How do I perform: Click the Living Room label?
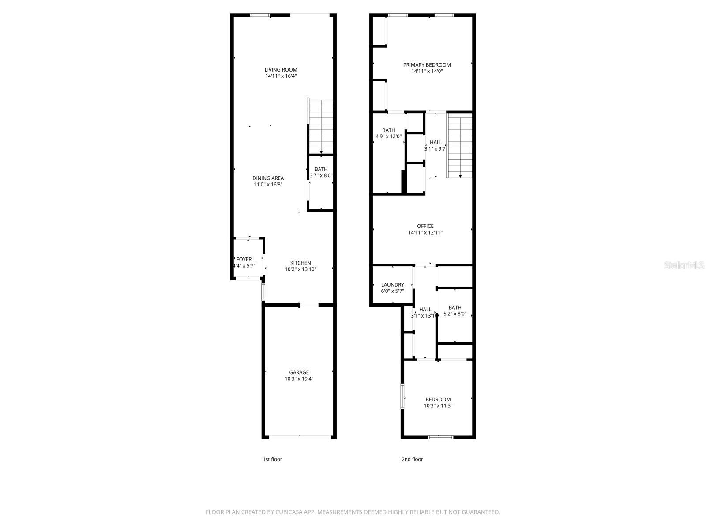(281, 70)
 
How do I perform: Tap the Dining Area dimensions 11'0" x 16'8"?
(268, 185)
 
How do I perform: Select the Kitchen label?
(300, 263)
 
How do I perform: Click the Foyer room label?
(244, 260)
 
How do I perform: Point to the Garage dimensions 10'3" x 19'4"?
(299, 379)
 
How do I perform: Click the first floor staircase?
(321, 126)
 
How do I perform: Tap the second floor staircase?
(460, 145)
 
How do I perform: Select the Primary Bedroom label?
(427, 65)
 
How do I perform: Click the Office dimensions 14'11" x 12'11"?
(425, 232)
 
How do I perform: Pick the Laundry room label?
(392, 285)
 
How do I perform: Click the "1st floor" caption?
(272, 459)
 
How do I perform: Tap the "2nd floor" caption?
(412, 459)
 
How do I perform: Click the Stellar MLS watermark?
(684, 265)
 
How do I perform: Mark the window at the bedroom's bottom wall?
(441, 437)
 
